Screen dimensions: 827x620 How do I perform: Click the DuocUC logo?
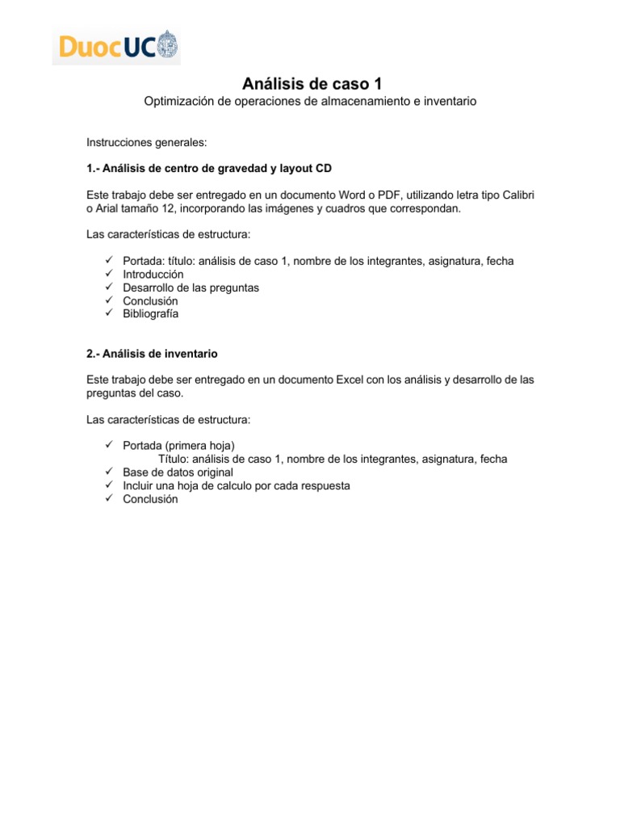click(x=116, y=47)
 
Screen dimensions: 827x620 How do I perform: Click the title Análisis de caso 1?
click(x=310, y=84)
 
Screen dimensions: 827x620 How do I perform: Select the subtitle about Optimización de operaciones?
click(x=310, y=102)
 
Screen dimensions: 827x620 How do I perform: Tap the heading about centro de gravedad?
click(x=209, y=169)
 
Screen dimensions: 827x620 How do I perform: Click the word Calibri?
click(x=515, y=195)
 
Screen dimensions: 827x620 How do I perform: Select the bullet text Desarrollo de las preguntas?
click(x=191, y=288)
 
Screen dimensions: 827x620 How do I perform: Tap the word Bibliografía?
click(x=151, y=313)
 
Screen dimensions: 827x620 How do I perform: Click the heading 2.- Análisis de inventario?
click(x=152, y=354)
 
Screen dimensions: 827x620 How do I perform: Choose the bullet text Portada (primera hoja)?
click(x=179, y=446)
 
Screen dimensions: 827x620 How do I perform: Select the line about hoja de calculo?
click(x=237, y=485)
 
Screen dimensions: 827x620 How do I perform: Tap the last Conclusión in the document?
click(x=150, y=499)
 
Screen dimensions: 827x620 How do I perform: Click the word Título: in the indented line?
click(x=167, y=459)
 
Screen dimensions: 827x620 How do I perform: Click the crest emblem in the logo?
click(x=167, y=44)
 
